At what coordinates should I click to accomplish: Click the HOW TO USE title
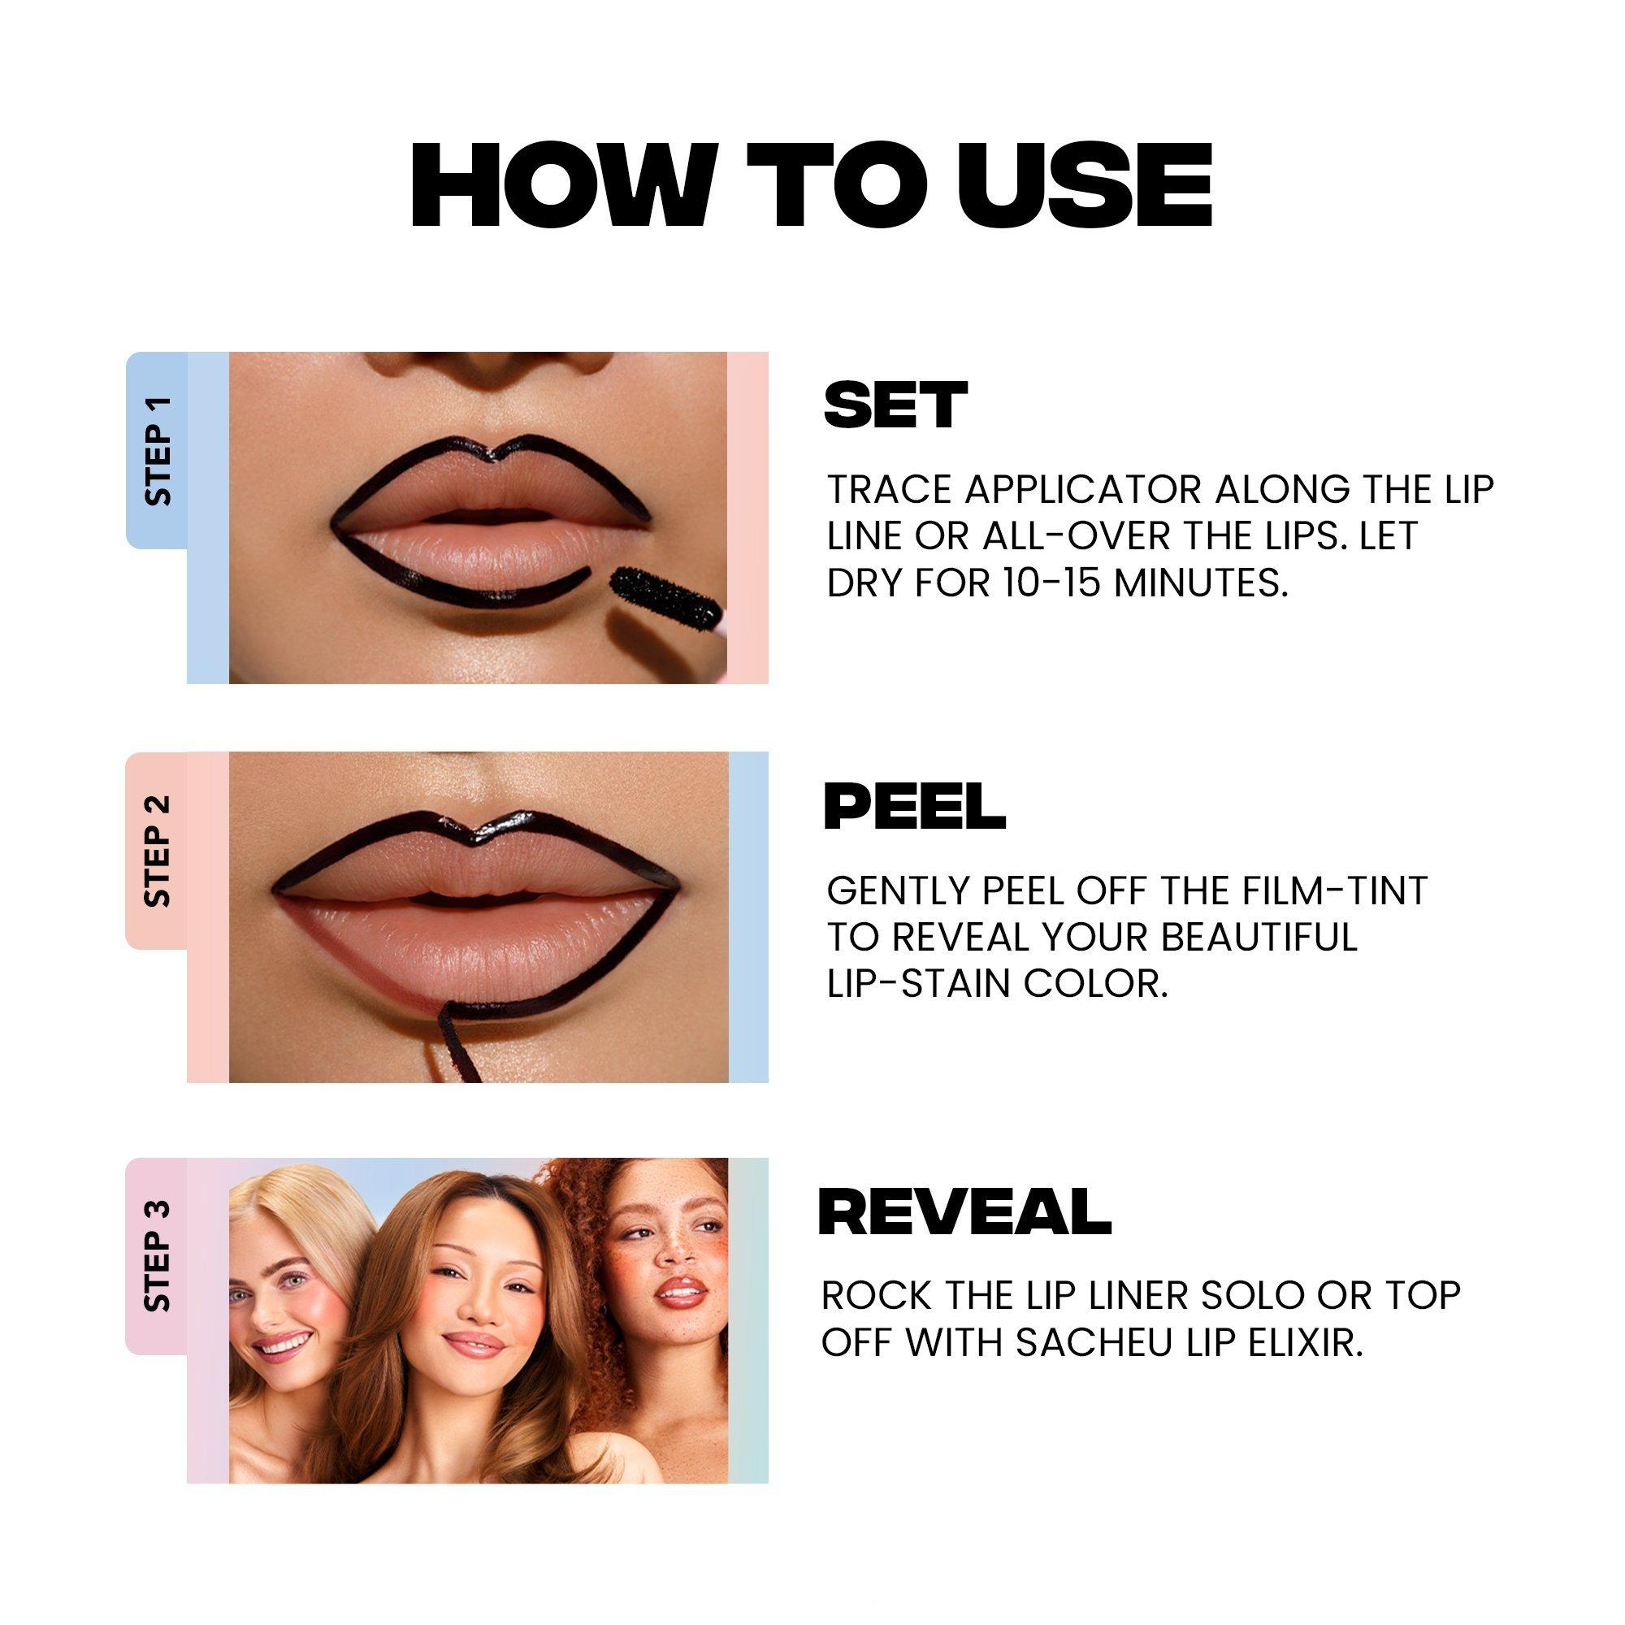[812, 186]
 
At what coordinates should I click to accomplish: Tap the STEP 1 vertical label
[158, 451]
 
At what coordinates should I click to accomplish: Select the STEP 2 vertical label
[158, 851]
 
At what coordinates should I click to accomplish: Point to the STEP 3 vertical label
[158, 1257]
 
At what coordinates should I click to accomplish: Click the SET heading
[895, 405]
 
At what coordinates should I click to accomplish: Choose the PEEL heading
[915, 806]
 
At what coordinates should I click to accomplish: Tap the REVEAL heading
[964, 1211]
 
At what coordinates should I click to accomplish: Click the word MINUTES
[1201, 583]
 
